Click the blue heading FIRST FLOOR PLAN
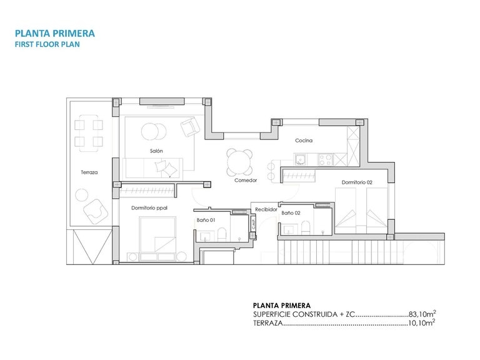(x=47, y=45)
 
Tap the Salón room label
(x=156, y=151)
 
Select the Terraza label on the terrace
(x=89, y=172)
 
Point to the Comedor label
(x=246, y=180)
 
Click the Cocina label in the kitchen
(x=304, y=141)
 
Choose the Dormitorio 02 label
(x=357, y=182)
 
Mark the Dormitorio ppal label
(x=149, y=207)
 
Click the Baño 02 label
(x=291, y=213)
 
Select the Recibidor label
(x=266, y=210)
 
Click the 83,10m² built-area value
(x=421, y=314)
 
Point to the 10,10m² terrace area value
(x=421, y=323)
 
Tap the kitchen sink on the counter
(x=301, y=159)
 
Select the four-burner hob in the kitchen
(x=326, y=159)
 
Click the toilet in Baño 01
(x=222, y=235)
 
